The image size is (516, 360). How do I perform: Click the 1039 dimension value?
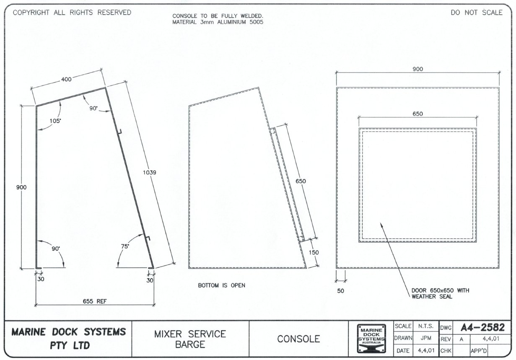click(x=149, y=172)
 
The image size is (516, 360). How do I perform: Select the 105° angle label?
click(x=55, y=121)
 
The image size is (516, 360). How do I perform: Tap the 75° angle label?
click(x=125, y=246)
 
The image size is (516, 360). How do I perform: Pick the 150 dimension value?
click(x=314, y=252)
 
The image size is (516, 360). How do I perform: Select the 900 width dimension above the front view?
click(x=417, y=69)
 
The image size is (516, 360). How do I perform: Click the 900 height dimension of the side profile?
click(x=21, y=187)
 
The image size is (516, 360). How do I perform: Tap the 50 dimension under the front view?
click(x=341, y=291)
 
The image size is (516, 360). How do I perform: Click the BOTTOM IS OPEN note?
click(x=221, y=285)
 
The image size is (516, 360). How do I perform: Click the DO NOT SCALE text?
click(x=476, y=13)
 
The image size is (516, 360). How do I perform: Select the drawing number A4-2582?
click(x=482, y=327)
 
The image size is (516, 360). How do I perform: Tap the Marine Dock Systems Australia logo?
click(x=371, y=339)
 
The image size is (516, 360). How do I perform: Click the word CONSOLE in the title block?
click(x=298, y=339)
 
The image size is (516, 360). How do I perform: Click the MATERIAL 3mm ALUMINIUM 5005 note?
click(x=218, y=22)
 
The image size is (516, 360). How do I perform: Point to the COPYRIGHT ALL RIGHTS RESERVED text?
click(x=72, y=13)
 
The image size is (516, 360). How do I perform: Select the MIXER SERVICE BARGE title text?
click(x=190, y=339)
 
